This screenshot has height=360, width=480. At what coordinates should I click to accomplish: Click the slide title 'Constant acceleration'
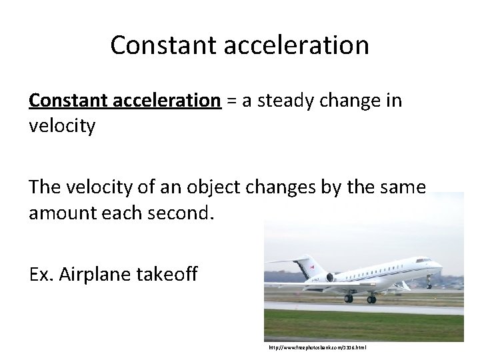pyautogui.click(x=239, y=45)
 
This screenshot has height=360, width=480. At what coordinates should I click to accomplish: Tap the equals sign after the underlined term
pyautogui.click(x=230, y=101)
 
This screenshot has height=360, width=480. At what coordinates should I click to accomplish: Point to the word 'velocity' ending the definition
pyautogui.click(x=61, y=125)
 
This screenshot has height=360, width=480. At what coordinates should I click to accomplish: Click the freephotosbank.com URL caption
pyautogui.click(x=317, y=347)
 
